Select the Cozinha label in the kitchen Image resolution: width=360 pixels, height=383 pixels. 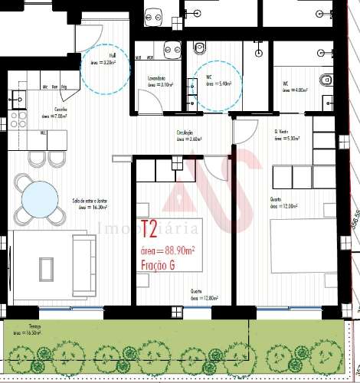tap(50, 110)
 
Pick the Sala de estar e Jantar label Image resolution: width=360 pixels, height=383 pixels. tap(89, 201)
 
